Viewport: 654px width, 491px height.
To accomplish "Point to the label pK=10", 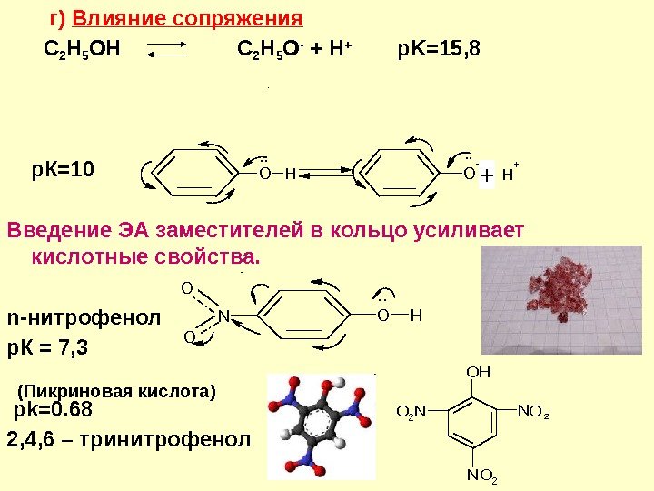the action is tap(64, 169).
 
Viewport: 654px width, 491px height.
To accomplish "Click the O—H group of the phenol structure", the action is tap(279, 172).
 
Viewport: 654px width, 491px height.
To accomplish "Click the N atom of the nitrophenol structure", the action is tap(223, 316).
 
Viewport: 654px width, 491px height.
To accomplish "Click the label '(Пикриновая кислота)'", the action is tap(117, 392).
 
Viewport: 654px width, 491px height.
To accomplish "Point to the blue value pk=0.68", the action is tap(53, 411).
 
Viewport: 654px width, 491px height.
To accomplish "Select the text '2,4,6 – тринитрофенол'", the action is tap(127, 440).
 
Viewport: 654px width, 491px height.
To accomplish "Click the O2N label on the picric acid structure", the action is tap(413, 413).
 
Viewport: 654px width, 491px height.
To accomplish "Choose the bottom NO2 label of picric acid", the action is tap(481, 475).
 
